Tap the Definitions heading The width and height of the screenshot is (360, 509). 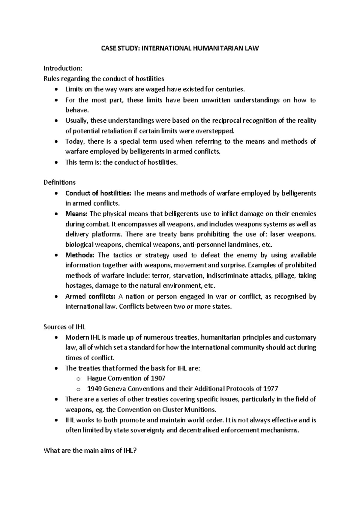pyautogui.click(x=59, y=182)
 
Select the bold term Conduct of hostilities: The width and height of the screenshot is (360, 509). pyautogui.click(x=98, y=193)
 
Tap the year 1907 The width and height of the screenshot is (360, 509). pyautogui.click(x=159, y=378)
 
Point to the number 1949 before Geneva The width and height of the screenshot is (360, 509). pyautogui.click(x=94, y=389)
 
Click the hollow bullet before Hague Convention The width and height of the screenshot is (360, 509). pyautogui.click(x=78, y=379)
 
